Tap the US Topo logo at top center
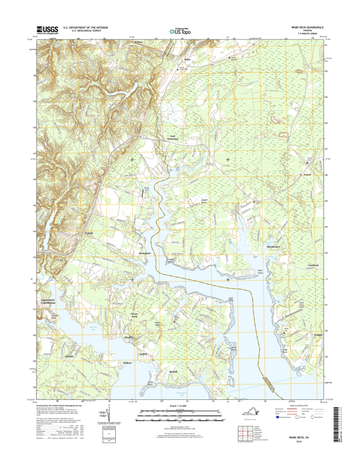coord(179,32)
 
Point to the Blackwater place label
coord(273,247)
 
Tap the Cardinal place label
coord(313,264)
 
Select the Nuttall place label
coord(88,233)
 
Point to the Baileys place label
coord(127,363)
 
